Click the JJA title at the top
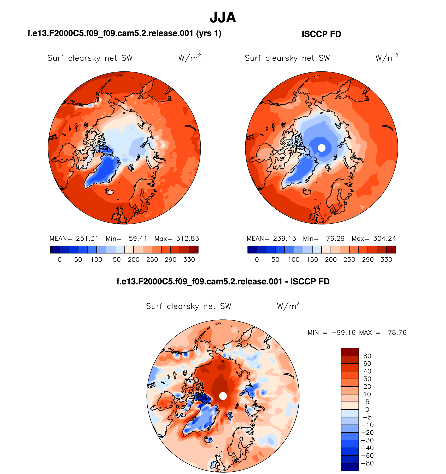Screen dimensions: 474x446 (x=223, y=18)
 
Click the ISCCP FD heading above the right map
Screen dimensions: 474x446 (x=321, y=34)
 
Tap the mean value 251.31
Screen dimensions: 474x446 (x=87, y=239)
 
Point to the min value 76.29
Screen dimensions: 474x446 (x=335, y=239)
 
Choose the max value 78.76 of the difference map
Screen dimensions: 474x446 (x=397, y=333)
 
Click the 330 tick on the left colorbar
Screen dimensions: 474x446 (x=189, y=260)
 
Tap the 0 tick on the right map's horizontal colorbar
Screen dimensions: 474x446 (x=257, y=260)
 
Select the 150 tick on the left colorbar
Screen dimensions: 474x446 (x=115, y=260)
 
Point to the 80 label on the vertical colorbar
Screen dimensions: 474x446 (x=367, y=356)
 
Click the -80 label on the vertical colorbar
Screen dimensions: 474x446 (x=367, y=463)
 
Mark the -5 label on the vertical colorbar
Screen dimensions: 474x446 (x=367, y=417)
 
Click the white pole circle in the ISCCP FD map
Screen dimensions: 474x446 (x=322, y=148)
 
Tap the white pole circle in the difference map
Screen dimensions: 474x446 (x=223, y=396)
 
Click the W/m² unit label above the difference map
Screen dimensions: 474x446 (x=288, y=306)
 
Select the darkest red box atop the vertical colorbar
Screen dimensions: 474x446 (x=350, y=352)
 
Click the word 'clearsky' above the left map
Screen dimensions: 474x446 (x=84, y=58)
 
